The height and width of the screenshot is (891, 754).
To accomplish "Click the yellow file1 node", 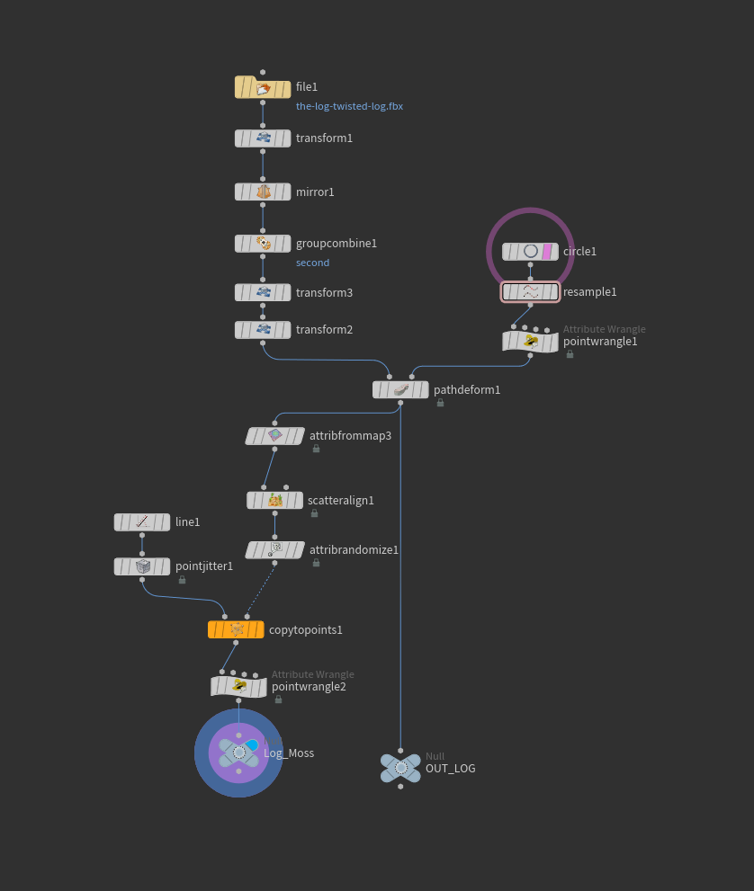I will pos(263,87).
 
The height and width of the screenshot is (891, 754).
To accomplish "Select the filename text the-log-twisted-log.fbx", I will pos(349,106).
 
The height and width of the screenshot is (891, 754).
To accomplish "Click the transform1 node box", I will pos(263,138).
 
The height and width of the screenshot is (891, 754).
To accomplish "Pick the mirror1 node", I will pos(263,192).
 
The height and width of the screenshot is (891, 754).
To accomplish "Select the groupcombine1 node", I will pos(263,244).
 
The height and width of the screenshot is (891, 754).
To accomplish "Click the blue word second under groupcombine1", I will pos(312,263).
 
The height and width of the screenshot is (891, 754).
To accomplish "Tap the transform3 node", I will pos(263,293).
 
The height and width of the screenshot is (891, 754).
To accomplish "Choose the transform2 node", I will pos(263,330).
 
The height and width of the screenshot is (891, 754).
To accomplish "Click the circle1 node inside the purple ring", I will pos(530,252).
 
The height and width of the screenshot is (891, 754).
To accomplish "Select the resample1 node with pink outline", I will pos(530,292).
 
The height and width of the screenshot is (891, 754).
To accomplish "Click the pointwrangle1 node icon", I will pos(530,342).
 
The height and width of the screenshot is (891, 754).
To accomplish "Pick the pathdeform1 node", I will pos(400,390).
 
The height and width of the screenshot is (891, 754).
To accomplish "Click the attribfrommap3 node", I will pos(274,436).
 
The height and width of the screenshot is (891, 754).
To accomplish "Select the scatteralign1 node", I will pos(274,501).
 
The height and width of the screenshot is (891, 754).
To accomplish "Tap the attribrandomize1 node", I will pos(274,549).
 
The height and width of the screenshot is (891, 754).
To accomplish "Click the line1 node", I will pos(142,522).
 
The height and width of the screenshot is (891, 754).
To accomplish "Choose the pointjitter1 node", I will pos(142,566).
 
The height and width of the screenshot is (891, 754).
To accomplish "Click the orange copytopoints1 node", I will pos(236,630).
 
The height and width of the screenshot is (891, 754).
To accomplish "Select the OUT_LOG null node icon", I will pos(400,768).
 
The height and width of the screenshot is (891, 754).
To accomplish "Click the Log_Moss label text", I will pos(289,753).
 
